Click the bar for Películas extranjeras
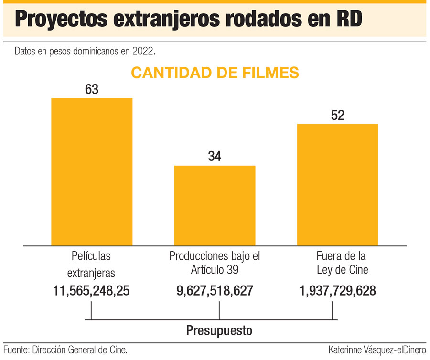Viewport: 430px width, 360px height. point(92,171)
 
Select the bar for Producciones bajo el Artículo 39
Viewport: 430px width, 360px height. point(215,205)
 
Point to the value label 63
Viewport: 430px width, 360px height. point(92,89)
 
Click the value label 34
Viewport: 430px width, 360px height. point(215,157)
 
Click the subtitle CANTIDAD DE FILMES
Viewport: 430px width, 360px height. point(215,73)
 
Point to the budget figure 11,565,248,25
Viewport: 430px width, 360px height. point(92,291)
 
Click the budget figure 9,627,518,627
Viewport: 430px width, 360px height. point(215,291)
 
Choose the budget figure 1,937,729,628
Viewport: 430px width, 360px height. point(338,291)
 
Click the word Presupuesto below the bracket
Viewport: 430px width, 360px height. point(219,330)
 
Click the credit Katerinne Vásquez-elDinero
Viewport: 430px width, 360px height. point(377,350)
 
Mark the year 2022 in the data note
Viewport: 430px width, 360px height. point(144,50)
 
